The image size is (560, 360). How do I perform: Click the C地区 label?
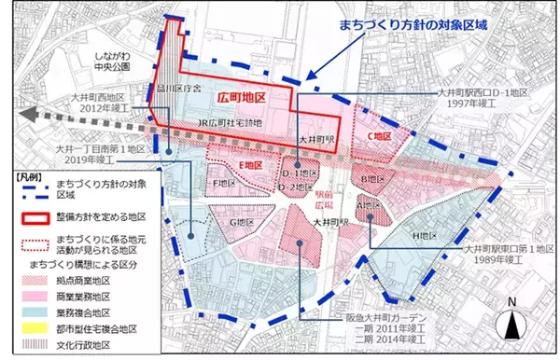(x=376, y=136)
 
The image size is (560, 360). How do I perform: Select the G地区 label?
(x=243, y=222)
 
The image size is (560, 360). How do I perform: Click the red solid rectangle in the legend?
(x=35, y=217)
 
